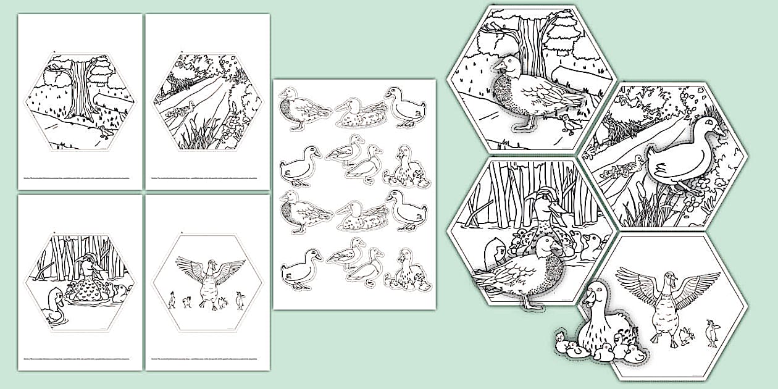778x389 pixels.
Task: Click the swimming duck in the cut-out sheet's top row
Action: click(361, 112)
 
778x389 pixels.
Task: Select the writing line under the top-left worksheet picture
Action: click(79, 177)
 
